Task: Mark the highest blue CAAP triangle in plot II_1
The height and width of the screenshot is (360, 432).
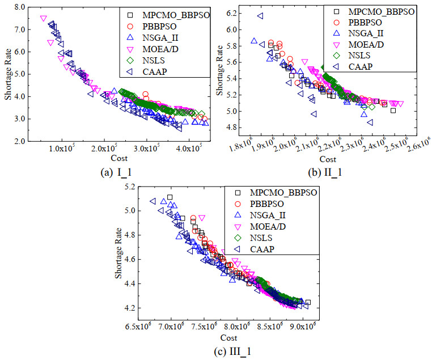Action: coord(260,16)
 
